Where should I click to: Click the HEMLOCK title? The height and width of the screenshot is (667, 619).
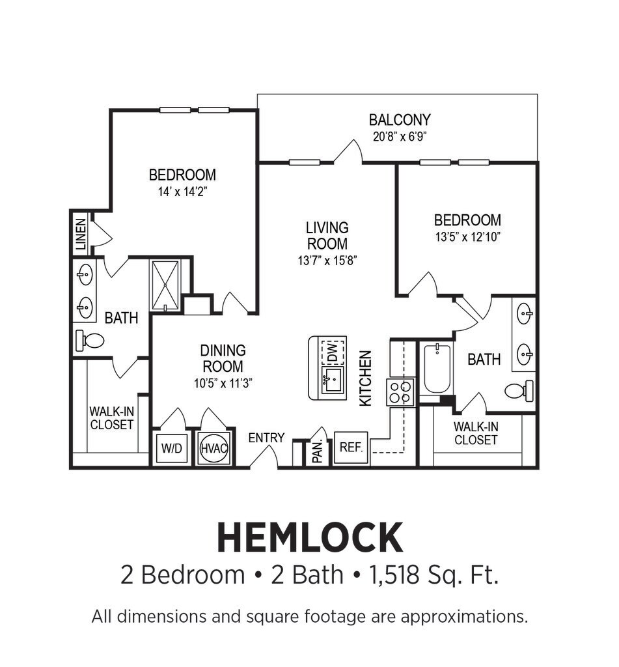[310, 537]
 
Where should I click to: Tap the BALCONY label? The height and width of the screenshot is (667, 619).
[400, 120]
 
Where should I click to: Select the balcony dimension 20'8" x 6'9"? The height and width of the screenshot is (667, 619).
[400, 137]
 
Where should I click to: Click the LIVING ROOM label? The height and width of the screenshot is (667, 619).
[327, 236]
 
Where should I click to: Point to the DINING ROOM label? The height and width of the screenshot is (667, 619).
[223, 358]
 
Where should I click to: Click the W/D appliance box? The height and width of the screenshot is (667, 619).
[172, 448]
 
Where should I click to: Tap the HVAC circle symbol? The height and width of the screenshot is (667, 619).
[214, 448]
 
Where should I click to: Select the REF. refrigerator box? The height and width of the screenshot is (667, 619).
[351, 447]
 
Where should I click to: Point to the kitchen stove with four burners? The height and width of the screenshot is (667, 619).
[400, 392]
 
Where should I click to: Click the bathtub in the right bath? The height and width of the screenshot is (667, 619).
[437, 369]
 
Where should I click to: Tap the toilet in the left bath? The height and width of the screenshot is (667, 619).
[90, 341]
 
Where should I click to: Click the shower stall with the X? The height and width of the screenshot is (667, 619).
[165, 285]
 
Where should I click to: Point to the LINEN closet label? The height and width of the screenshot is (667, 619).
[80, 234]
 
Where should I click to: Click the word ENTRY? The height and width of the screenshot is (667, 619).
[267, 438]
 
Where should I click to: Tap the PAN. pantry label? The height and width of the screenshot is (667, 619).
[318, 451]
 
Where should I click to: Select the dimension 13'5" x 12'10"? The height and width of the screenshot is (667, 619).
[467, 237]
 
